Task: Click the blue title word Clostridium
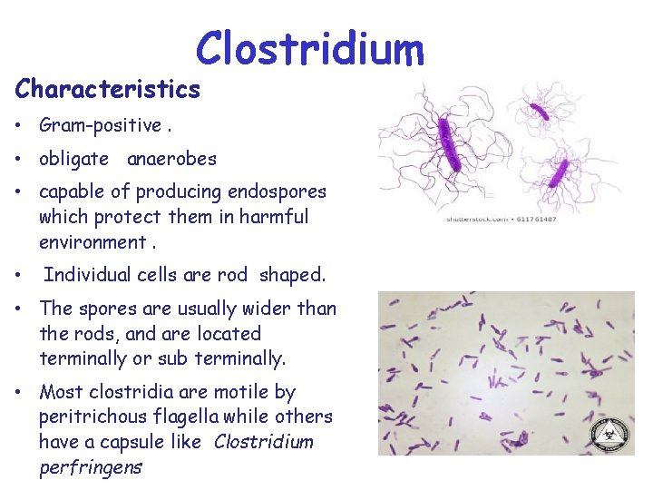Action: click(310, 49)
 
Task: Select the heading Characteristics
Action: click(107, 89)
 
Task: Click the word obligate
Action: click(73, 159)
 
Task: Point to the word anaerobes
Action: click(171, 159)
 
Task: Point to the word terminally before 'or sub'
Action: click(83, 358)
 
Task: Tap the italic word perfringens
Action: click(91, 467)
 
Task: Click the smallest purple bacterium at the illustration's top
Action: click(539, 112)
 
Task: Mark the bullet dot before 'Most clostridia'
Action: click(20, 393)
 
